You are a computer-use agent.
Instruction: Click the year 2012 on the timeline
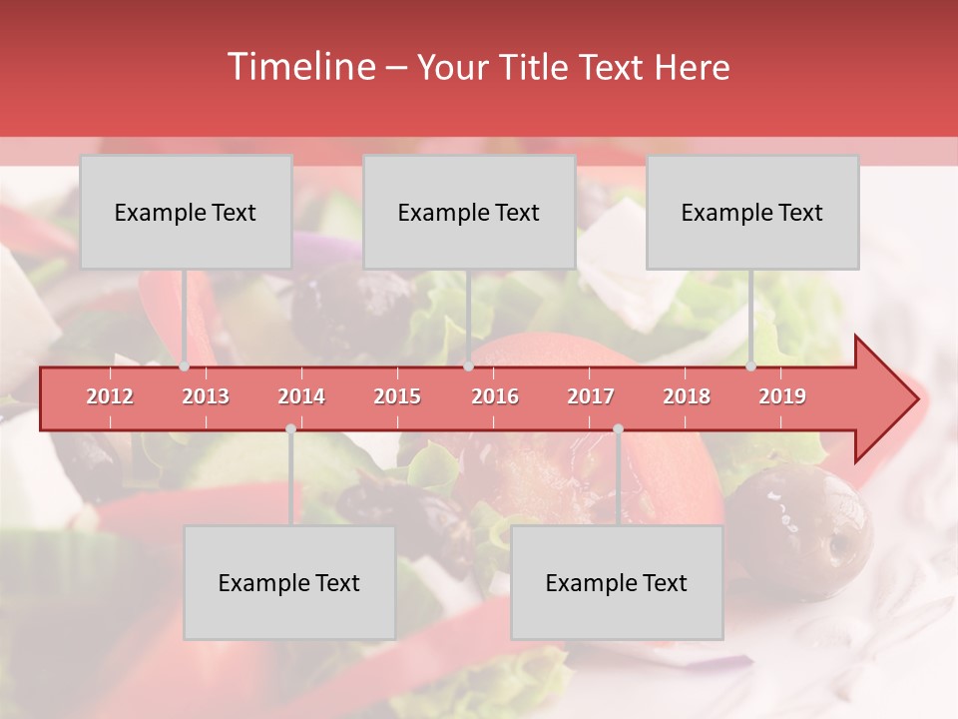pyautogui.click(x=110, y=396)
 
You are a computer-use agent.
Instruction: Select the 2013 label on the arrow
pyautogui.click(x=206, y=396)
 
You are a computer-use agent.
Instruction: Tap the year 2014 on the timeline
pyautogui.click(x=301, y=396)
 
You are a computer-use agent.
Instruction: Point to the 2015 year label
pyautogui.click(x=397, y=396)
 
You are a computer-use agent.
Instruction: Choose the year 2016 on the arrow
pyautogui.click(x=495, y=396)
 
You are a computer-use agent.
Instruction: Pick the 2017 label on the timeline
pyautogui.click(x=591, y=396)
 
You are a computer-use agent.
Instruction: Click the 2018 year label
pyautogui.click(x=687, y=396)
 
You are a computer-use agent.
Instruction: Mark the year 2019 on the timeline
pyautogui.click(x=782, y=396)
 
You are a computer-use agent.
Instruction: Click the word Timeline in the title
pyautogui.click(x=300, y=67)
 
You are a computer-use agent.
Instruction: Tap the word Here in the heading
pyautogui.click(x=692, y=68)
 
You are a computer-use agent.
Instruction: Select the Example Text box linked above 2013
pyautogui.click(x=186, y=212)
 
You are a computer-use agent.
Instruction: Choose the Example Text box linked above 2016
pyautogui.click(x=469, y=212)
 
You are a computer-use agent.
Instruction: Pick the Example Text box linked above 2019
pyautogui.click(x=752, y=212)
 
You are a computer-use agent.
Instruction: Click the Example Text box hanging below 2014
pyautogui.click(x=289, y=582)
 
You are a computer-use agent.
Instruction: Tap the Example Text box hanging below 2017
pyautogui.click(x=617, y=582)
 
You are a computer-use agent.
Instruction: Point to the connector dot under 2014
pyautogui.click(x=290, y=428)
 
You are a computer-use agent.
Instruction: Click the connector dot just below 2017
pyautogui.click(x=618, y=428)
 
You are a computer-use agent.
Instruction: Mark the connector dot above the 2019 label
pyautogui.click(x=751, y=366)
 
